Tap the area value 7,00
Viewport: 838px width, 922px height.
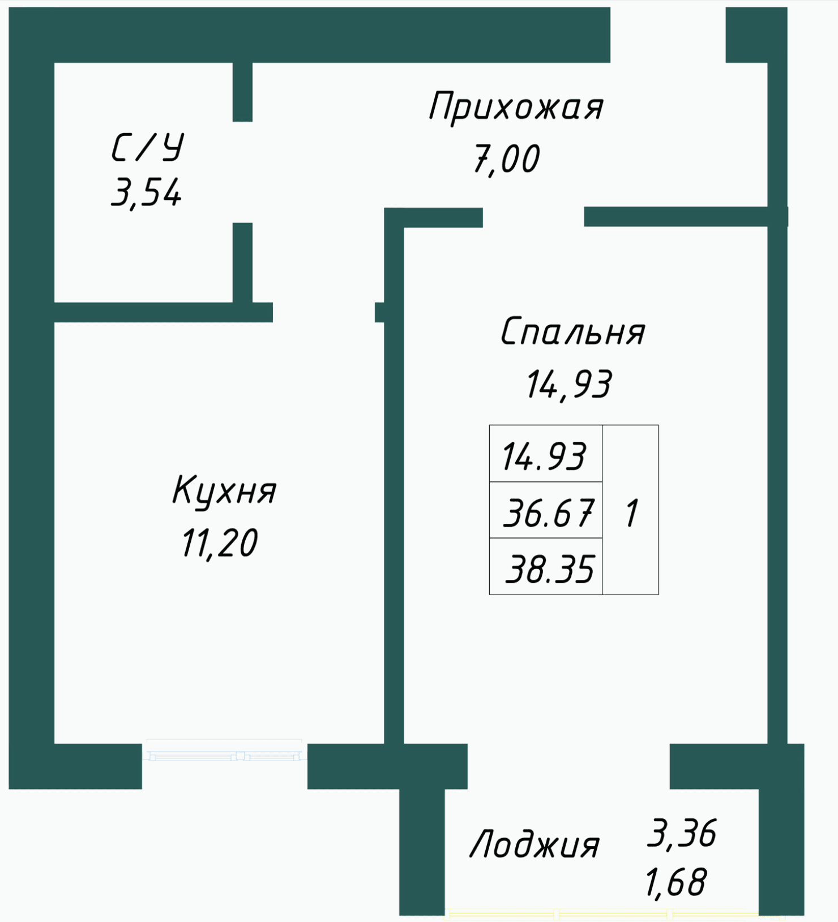(506, 159)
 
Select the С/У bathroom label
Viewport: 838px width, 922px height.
(147, 148)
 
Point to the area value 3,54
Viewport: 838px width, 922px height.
(146, 193)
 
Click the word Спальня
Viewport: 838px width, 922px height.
(572, 332)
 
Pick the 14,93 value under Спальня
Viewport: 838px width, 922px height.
(568, 385)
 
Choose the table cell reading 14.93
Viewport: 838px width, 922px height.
(545, 454)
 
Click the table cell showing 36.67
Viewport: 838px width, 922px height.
(545, 510)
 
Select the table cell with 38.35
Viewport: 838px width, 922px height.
(545, 566)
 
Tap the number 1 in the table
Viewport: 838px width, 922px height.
(631, 513)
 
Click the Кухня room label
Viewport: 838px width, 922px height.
(224, 491)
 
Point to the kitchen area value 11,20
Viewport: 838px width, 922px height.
(220, 543)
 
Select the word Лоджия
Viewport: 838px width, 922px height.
(535, 845)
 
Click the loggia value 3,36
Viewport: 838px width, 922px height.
(682, 833)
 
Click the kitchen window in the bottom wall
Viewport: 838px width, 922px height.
(224, 750)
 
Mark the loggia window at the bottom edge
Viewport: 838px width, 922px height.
(602, 913)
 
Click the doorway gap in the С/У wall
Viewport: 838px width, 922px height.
(242, 172)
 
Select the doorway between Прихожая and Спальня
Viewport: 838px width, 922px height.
(533, 217)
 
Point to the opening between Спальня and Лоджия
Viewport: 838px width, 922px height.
(568, 766)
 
